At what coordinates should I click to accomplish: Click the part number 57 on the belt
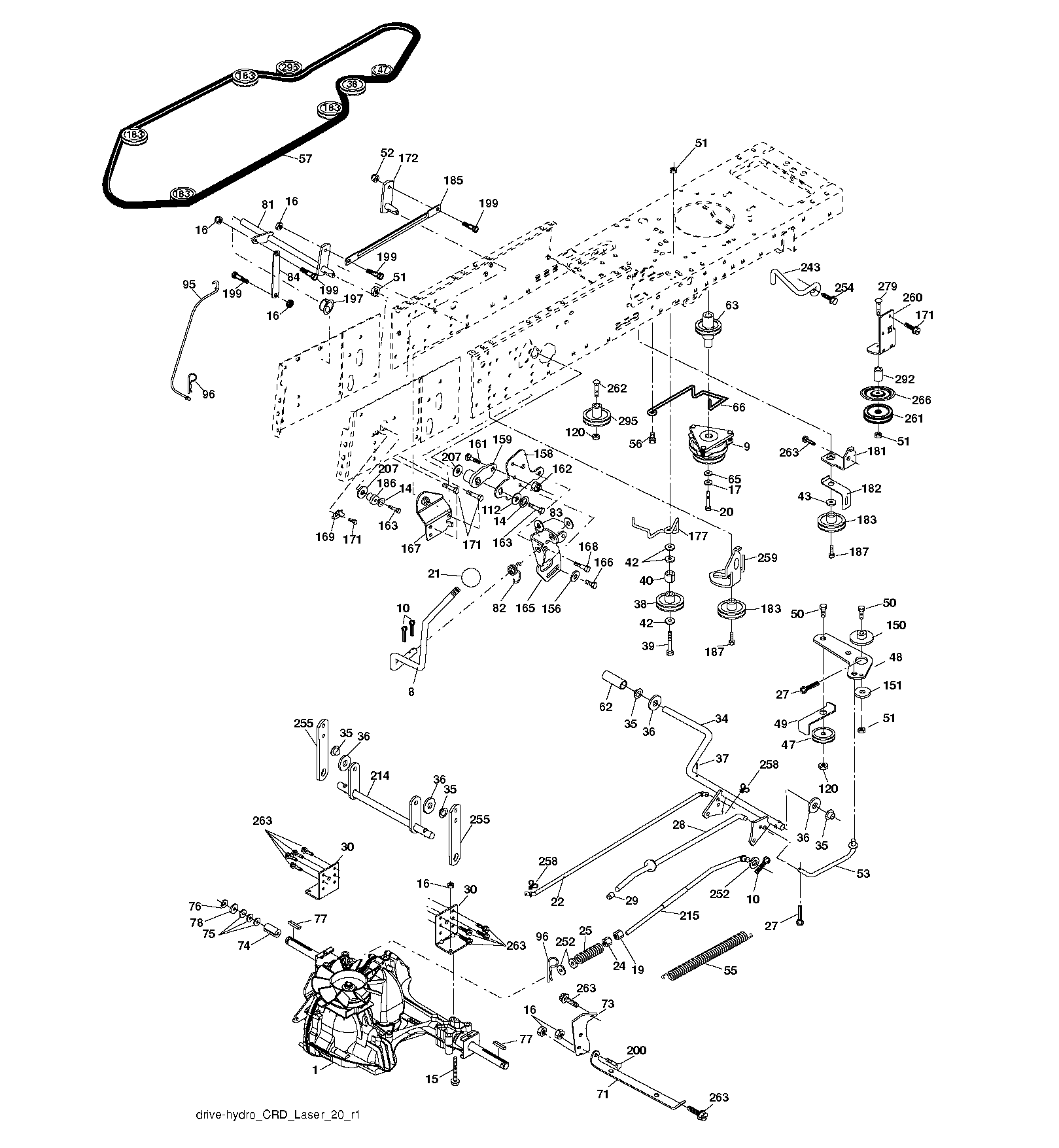coord(305,159)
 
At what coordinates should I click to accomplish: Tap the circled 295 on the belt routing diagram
coord(288,67)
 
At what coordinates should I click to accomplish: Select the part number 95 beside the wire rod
coord(189,285)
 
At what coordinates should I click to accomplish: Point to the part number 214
coord(380,776)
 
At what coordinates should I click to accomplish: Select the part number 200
coord(636,1051)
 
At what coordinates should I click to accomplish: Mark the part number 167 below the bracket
coord(411,548)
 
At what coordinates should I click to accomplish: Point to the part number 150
coord(896,625)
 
